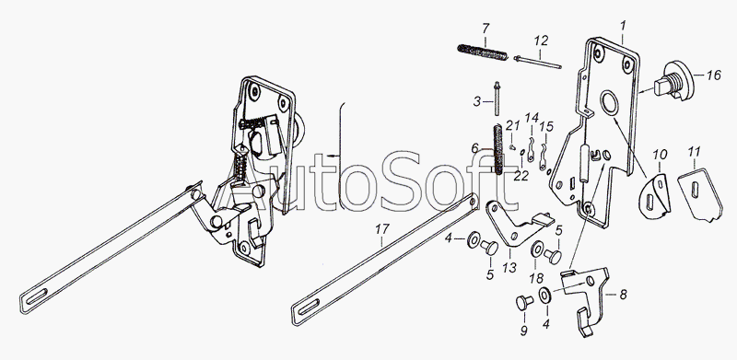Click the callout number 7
[485, 29]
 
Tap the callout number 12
[541, 41]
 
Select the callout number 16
[712, 75]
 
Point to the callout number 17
[382, 229]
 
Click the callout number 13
[509, 267]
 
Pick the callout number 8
[623, 296]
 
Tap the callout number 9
[523, 331]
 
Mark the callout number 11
[694, 152]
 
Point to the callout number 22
[521, 175]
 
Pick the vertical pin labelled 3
[497, 99]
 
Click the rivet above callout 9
[524, 303]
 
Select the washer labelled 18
[536, 250]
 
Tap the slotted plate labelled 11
[699, 193]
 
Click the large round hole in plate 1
[609, 102]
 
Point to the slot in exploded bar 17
[309, 308]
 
